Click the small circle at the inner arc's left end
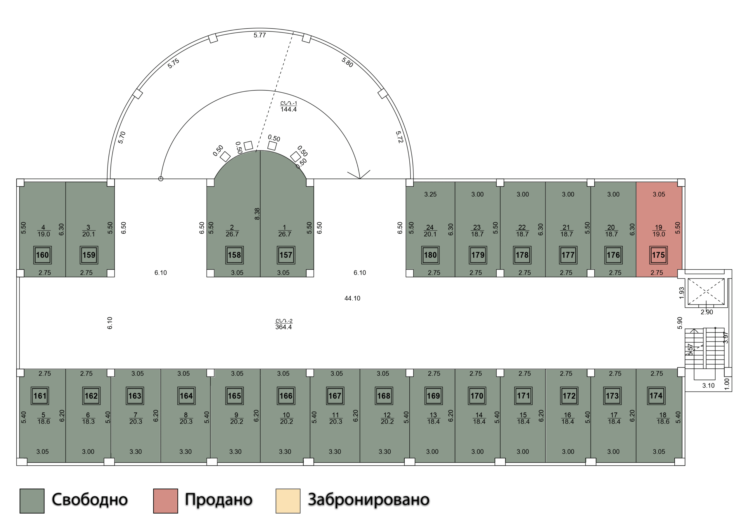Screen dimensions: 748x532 click(x=160, y=179)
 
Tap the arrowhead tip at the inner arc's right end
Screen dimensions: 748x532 click(x=360, y=179)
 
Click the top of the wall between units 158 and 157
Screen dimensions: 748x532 click(x=260, y=151)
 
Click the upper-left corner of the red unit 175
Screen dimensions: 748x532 click(x=636, y=182)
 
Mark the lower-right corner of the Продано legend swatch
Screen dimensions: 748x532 click(x=178, y=513)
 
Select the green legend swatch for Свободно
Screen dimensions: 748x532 click(x=32, y=501)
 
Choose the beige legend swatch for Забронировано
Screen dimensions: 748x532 click(x=288, y=501)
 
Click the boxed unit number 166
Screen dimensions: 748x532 click(x=286, y=396)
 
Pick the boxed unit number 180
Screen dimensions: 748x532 click(x=430, y=255)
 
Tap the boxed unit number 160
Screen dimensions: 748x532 click(x=42, y=255)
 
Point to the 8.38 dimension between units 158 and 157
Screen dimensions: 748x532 click(x=257, y=214)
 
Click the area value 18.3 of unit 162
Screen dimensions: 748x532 click(x=88, y=422)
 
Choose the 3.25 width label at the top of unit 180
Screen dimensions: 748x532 click(x=430, y=194)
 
